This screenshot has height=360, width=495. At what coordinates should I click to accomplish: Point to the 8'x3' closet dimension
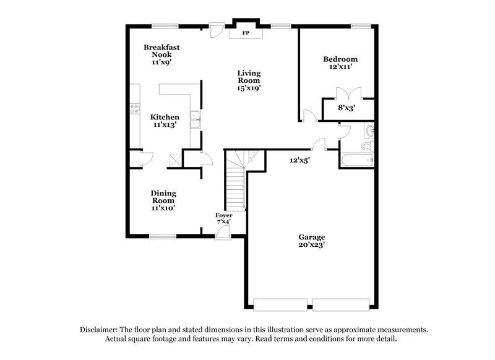pos(346,108)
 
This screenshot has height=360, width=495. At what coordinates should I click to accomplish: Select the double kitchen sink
pos(195,119)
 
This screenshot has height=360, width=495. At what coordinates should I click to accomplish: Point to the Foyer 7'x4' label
pos(223,218)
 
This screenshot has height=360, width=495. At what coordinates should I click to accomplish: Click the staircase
pos(235,182)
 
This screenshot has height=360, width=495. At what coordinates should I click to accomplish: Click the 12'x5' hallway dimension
pos(300,160)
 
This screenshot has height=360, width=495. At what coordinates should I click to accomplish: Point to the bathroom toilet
pos(367,147)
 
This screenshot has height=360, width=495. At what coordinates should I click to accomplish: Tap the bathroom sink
pos(369,131)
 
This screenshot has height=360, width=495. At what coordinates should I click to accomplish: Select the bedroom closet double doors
pos(345,93)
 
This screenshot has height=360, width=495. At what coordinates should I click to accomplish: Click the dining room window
pos(162,235)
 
